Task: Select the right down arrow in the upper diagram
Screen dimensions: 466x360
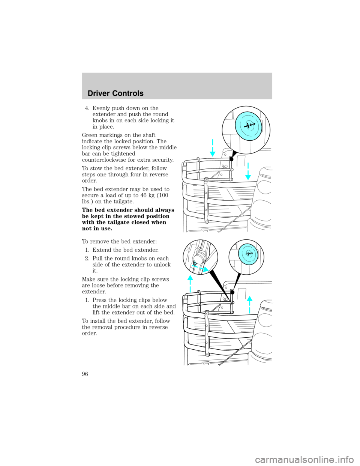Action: [x=247, y=172]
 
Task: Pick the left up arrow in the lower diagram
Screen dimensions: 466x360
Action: [x=190, y=283]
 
